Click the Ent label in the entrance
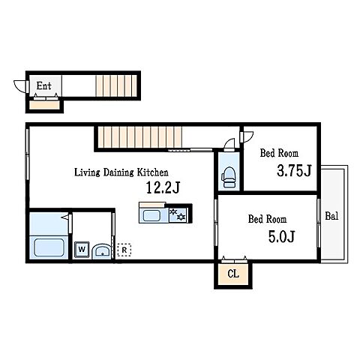click(x=44, y=85)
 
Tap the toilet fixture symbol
click(x=229, y=177)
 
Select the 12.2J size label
click(x=163, y=187)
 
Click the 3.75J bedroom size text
click(x=294, y=171)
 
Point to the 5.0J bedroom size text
click(x=281, y=236)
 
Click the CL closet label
click(x=233, y=274)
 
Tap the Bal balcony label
click(x=331, y=216)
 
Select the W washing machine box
click(x=82, y=249)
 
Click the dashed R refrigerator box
click(x=124, y=250)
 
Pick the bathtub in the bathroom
click(x=49, y=247)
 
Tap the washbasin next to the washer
click(x=102, y=252)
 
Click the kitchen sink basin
click(x=151, y=215)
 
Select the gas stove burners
click(x=178, y=214)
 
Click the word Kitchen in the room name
click(x=152, y=172)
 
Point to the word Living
click(x=87, y=172)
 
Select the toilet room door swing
click(x=229, y=143)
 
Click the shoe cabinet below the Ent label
click(x=44, y=105)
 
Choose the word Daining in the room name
click(x=118, y=172)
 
